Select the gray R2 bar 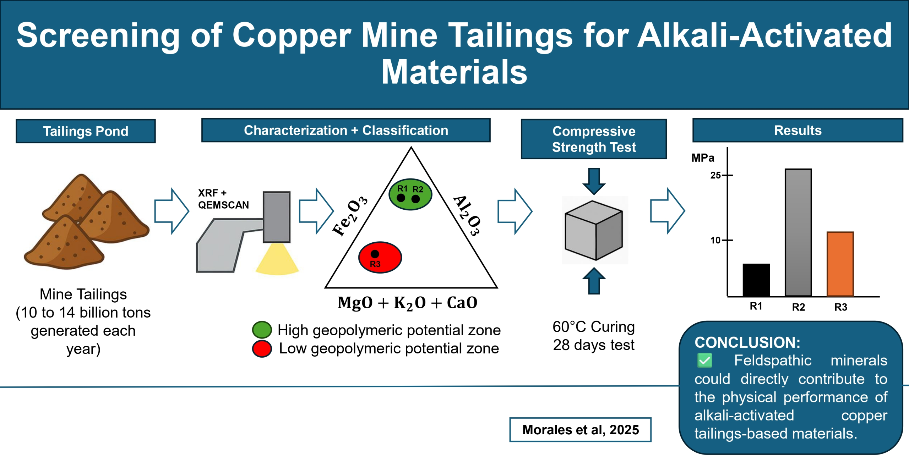[x=798, y=232]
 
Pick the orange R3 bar [x=840, y=264]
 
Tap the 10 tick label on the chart [x=715, y=240]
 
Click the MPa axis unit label [x=702, y=158]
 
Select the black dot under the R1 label [x=401, y=198]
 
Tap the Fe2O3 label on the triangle [x=349, y=216]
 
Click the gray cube [x=594, y=230]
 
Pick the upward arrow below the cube [x=594, y=281]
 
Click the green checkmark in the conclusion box [x=704, y=361]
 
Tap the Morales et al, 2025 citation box [x=580, y=430]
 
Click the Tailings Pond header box [x=86, y=131]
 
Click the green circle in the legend [x=262, y=330]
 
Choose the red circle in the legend [x=262, y=349]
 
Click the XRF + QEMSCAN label [x=223, y=199]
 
